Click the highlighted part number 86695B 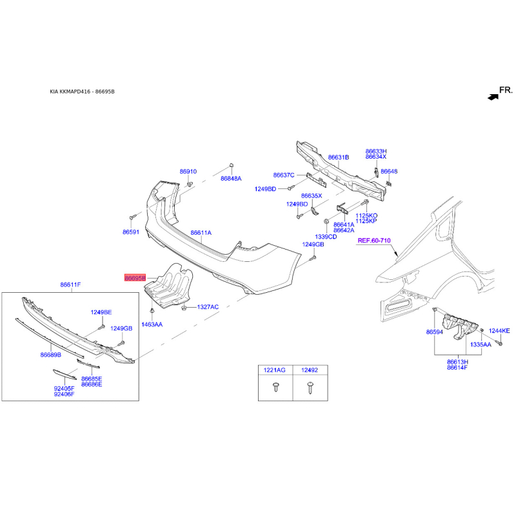(135, 277)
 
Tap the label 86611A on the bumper (201, 232)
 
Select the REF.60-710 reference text (375, 241)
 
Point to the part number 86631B (338, 157)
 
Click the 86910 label (188, 172)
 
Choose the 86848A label (231, 178)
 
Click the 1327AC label (208, 307)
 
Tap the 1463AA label (153, 324)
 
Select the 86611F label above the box (71, 284)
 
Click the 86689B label (50, 355)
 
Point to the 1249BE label (101, 312)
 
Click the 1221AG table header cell (275, 370)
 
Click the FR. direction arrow (493, 97)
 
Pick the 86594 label (435, 332)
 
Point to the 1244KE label (499, 331)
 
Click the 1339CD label (326, 237)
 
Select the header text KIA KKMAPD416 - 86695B (82, 92)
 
